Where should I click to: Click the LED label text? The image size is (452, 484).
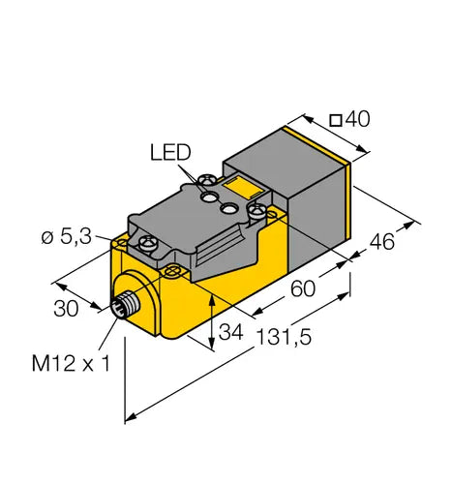[170, 153]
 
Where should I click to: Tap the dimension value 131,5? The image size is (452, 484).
[284, 337]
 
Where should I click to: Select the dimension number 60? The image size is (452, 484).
[303, 288]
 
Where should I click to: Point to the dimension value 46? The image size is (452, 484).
[381, 241]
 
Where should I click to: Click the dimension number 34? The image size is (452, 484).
[230, 332]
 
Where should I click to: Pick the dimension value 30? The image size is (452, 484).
[66, 308]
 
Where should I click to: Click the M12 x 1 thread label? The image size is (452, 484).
[71, 363]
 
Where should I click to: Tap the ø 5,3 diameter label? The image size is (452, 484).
[67, 237]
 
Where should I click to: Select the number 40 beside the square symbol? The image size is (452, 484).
[357, 119]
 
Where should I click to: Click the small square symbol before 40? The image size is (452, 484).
[336, 121]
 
